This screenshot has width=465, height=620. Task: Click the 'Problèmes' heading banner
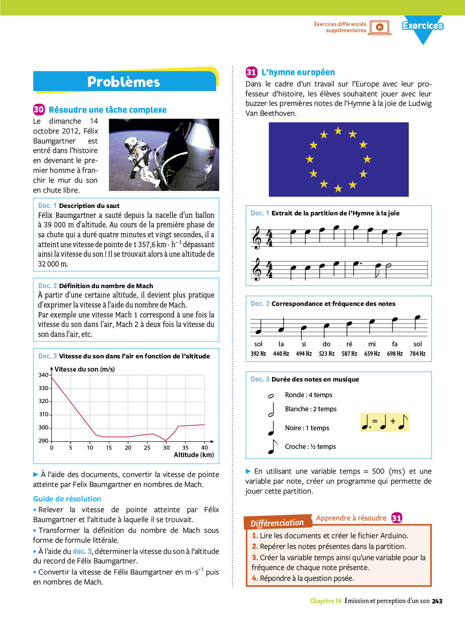pyautogui.click(x=124, y=82)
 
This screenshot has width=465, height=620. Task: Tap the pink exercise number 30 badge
pyautogui.click(x=38, y=110)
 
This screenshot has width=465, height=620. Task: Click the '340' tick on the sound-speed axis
pyautogui.click(x=43, y=375)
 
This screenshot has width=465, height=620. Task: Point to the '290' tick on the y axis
pyautogui.click(x=43, y=441)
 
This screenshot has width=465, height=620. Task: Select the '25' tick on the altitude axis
pyautogui.click(x=147, y=448)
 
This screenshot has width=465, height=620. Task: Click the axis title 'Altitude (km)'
pyautogui.click(x=194, y=455)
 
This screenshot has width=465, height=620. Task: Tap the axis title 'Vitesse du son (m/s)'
pyautogui.click(x=85, y=369)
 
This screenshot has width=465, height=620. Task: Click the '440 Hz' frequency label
pyautogui.click(x=281, y=354)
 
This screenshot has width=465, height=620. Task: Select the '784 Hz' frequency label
pyautogui.click(x=417, y=354)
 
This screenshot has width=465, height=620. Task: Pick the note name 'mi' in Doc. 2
pyautogui.click(x=372, y=344)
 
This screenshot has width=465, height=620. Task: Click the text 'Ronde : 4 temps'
pyautogui.click(x=308, y=395)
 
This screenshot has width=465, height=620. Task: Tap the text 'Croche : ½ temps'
pyautogui.click(x=310, y=446)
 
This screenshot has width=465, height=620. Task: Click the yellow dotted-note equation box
pyautogui.click(x=384, y=422)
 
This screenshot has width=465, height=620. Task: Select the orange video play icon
pyautogui.click(x=380, y=27)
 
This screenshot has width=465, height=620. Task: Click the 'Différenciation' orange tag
pyautogui.click(x=277, y=523)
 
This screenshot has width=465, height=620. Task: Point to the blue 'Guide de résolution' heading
pyautogui.click(x=67, y=499)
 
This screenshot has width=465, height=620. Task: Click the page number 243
pyautogui.click(x=437, y=601)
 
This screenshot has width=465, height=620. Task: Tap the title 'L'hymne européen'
pyautogui.click(x=298, y=72)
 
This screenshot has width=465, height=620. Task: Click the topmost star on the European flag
pyautogui.click(x=338, y=131)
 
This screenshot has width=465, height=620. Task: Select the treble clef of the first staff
pyautogui.click(x=257, y=238)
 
